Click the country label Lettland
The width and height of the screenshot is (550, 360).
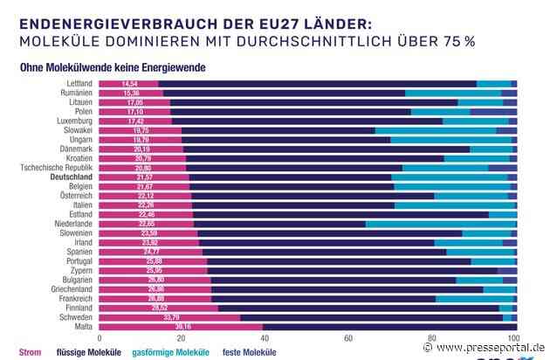(77, 83)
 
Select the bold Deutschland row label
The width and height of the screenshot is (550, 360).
(71, 177)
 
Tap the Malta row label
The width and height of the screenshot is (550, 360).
(84, 326)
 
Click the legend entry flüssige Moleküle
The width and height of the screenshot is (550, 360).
(88, 352)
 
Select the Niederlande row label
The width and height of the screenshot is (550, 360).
(72, 224)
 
